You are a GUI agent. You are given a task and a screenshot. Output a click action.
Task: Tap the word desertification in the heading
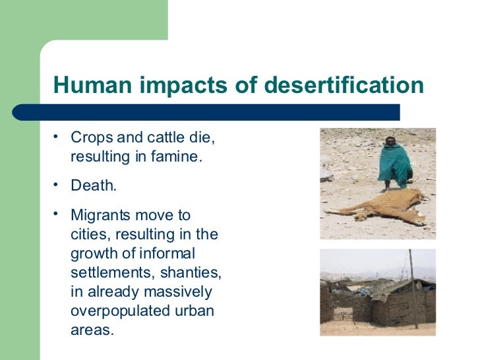(343, 86)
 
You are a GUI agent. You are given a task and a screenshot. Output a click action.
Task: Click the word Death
(94, 187)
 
